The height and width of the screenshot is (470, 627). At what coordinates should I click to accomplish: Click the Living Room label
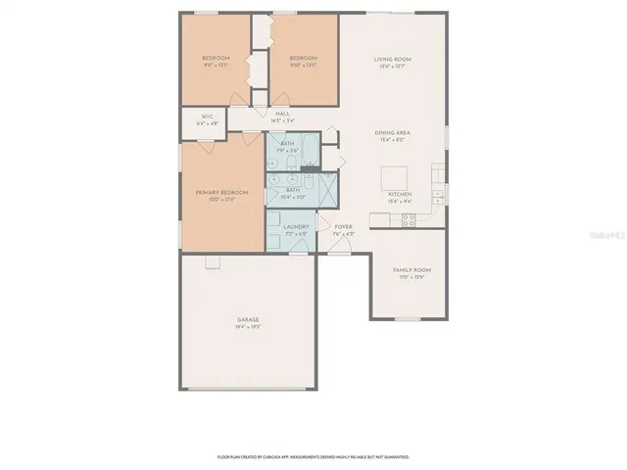(392, 60)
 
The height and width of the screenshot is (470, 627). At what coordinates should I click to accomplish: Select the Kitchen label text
(401, 194)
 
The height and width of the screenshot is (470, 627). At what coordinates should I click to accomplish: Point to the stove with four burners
(409, 220)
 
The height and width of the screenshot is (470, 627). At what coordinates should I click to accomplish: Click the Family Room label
(411, 269)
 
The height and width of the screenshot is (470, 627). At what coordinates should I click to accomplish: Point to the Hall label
(283, 114)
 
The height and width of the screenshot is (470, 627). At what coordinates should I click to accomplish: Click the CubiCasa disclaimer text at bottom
(313, 456)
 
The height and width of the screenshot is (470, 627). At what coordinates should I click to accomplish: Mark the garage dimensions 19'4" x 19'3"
(247, 327)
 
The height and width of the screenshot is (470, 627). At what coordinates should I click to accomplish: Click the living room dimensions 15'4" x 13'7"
(392, 68)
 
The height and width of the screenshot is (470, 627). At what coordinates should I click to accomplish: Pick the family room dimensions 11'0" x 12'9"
(411, 277)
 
